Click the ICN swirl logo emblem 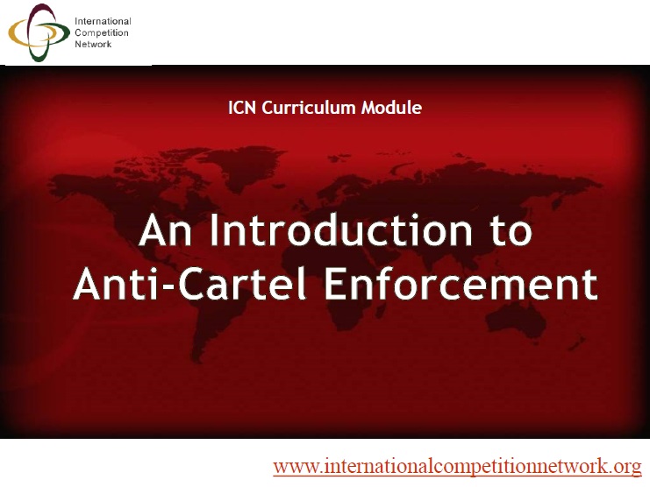tap(39, 33)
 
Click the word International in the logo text tap(103, 21)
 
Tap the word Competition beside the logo tap(101, 32)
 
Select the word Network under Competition tap(93, 44)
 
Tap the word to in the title tap(506, 232)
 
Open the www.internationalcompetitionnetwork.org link tap(457, 465)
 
